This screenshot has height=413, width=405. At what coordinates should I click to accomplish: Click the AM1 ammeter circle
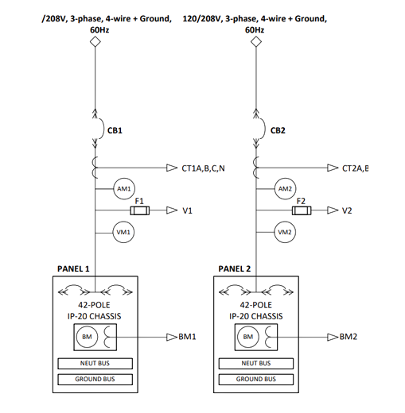click(x=124, y=189)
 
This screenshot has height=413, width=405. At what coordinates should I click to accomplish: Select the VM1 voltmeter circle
click(x=124, y=232)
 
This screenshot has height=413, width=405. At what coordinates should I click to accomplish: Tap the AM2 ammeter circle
click(x=285, y=189)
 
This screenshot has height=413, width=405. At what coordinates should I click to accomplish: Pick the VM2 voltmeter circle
click(x=285, y=232)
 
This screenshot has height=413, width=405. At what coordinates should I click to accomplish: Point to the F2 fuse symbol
click(x=302, y=210)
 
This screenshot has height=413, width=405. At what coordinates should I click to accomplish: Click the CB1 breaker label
click(x=115, y=129)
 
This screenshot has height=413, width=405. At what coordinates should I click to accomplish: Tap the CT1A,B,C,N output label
click(x=204, y=168)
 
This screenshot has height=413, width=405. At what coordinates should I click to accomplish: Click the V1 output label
click(x=188, y=211)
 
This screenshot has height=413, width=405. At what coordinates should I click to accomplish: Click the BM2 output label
click(x=348, y=337)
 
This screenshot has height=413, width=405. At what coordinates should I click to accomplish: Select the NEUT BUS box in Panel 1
click(x=94, y=364)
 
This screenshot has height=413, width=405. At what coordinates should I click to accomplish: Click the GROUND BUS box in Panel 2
click(x=255, y=380)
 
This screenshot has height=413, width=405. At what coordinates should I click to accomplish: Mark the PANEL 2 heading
click(x=235, y=269)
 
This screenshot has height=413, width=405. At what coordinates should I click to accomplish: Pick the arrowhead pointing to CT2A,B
click(x=332, y=168)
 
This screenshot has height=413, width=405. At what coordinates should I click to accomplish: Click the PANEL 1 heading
click(x=74, y=269)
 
